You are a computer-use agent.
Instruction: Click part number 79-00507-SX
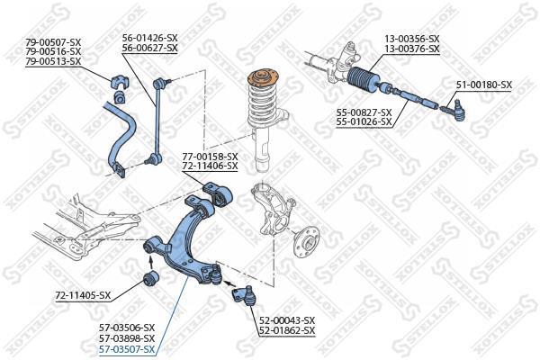pos(53,42)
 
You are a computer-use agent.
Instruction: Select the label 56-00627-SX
pos(150,48)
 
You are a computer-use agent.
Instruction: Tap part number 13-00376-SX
pos(412,49)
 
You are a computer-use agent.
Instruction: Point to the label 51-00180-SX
pos(484,85)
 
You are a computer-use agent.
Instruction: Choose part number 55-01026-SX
pos(364,121)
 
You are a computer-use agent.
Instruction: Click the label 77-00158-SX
pos(210,157)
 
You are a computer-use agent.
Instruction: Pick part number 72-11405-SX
pos(83,295)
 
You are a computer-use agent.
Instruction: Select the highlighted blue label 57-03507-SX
pos(127,350)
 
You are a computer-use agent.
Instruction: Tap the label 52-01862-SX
pos(287,330)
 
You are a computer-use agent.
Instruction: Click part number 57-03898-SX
pos(127,338)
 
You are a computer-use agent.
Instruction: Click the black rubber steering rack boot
pos(363,81)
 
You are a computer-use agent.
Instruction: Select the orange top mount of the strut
pos(264,78)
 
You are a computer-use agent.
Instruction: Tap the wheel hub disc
pos(306,242)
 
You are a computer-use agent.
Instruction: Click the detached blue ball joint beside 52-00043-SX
pos(243,295)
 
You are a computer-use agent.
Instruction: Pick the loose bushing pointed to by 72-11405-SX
pos(151,278)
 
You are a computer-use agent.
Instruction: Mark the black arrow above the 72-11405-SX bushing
pos(150,263)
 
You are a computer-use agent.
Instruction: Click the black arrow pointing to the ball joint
pos(229,283)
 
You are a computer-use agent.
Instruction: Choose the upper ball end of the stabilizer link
pos(160,83)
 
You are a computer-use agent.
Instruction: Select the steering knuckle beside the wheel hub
pos(273,209)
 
